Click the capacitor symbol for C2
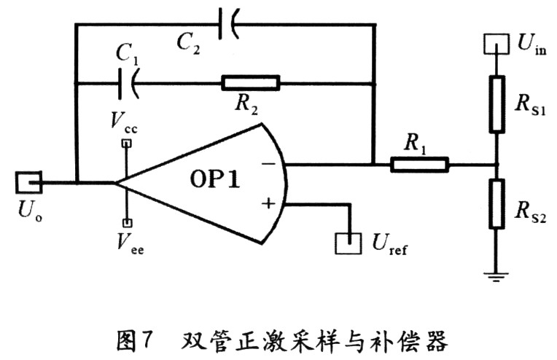(228, 25)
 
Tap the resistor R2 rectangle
(250, 83)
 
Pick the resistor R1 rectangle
(419, 165)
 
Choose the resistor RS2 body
(496, 203)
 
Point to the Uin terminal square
(496, 43)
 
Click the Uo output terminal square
(29, 182)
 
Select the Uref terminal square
(348, 242)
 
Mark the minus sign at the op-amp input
(268, 164)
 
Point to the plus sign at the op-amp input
(268, 203)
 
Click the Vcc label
(125, 122)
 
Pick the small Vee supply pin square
(126, 222)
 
